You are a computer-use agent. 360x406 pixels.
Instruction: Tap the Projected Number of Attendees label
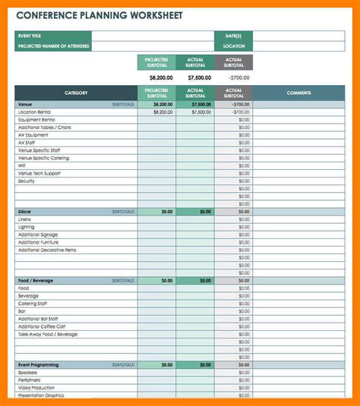pos(53,46)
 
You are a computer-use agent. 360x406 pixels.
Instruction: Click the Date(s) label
pos(233,36)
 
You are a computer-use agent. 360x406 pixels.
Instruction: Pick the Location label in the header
pos(233,46)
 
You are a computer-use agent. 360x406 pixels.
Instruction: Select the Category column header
pos(76,93)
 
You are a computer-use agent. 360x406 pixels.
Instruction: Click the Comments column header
pos(298,93)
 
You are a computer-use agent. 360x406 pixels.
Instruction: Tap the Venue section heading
pos(25,103)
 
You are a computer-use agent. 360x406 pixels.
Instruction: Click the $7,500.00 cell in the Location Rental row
pos(201,112)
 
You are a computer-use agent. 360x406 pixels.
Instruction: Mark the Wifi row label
pos(22,165)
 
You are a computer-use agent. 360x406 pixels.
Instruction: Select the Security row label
pos(27,181)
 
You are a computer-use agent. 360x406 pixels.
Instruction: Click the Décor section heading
pos(26,212)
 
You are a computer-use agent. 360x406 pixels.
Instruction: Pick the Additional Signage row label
pos(37,234)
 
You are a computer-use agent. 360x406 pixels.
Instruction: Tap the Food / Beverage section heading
pos(37,280)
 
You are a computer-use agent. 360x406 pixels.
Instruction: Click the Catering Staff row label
pos(33,304)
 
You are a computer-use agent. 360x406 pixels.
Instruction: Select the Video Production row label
pos(36,388)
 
